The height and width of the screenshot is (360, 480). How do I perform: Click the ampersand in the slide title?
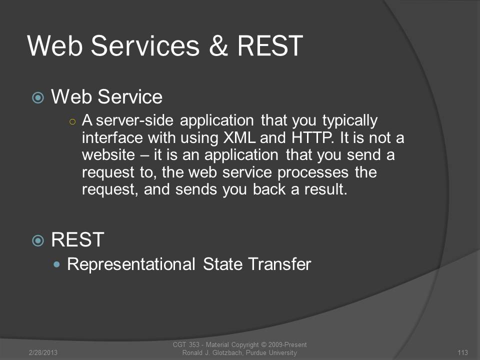218,45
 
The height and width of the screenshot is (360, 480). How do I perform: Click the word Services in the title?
145,45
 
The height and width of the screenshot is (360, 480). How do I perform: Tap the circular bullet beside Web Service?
38,97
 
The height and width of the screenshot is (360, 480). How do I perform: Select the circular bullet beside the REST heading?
38,240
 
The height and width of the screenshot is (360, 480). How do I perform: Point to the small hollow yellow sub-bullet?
72,122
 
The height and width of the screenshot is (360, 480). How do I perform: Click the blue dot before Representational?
56,264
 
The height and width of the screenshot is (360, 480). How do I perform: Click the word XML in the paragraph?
239,138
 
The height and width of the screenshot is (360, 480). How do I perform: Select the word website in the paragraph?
108,155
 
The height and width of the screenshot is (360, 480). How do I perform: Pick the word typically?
349,121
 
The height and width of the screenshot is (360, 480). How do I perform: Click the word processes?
313,173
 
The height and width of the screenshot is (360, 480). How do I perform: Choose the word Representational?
131,264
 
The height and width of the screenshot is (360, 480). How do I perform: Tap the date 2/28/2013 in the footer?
43,352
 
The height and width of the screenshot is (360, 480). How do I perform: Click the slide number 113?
462,352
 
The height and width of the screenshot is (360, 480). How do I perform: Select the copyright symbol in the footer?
264,344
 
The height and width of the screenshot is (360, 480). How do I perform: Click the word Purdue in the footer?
256,352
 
